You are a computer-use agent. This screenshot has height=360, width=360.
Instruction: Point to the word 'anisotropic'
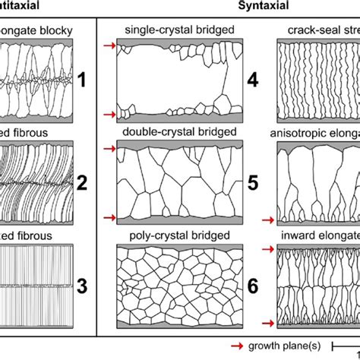(300, 133)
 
